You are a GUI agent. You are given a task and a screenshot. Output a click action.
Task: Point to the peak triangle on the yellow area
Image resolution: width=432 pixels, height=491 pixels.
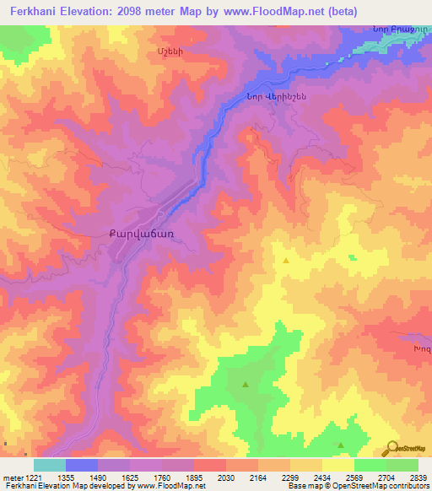[286, 262]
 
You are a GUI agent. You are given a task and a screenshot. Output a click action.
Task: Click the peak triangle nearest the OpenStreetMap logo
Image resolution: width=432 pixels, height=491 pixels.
[341, 445]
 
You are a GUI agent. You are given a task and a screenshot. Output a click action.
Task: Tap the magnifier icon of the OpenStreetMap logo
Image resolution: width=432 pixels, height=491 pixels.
[393, 448]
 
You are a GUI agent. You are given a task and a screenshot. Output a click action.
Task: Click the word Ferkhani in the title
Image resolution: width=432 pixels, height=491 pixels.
[32, 12]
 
